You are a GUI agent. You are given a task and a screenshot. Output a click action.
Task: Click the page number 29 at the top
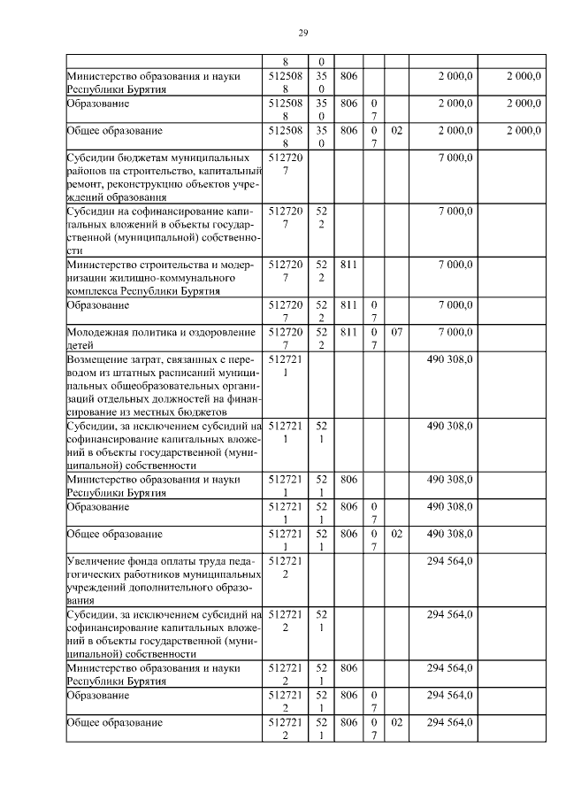pos(302,33)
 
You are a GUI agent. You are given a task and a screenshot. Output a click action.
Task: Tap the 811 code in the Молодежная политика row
pos(348,333)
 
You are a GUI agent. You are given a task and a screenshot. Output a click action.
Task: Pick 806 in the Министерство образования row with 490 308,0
pos(348,479)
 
